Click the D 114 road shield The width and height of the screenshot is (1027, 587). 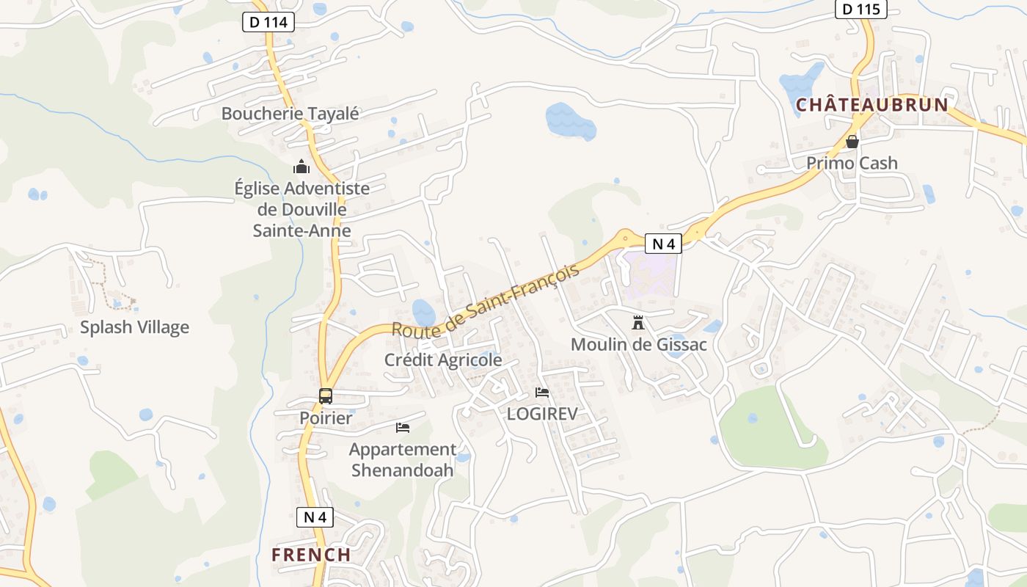tap(268, 22)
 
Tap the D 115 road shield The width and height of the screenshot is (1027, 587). tap(860, 10)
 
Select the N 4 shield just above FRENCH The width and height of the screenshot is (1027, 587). tap(315, 517)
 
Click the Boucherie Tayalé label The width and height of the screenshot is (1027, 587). tap(290, 114)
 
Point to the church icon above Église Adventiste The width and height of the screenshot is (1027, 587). tap(301, 167)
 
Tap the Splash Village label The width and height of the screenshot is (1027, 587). tap(134, 327)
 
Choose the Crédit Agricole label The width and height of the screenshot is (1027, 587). tap(443, 360)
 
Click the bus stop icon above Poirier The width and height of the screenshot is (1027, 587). tap(326, 396)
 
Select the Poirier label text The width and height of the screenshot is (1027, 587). tap(326, 418)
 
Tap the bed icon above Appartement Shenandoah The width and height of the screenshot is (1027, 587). tap(402, 427)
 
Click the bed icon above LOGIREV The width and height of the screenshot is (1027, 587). tap(542, 392)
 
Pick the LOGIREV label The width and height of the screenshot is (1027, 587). tap(542, 414)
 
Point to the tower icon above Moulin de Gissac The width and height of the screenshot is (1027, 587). tap(638, 322)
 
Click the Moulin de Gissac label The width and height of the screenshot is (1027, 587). tap(638, 344)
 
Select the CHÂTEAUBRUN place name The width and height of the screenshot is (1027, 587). tap(872, 105)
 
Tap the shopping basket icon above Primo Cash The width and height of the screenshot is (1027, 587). tap(852, 142)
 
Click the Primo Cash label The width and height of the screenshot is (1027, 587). tap(852, 163)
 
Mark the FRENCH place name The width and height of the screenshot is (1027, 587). tap(311, 555)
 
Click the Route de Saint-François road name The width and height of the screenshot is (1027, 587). tap(485, 301)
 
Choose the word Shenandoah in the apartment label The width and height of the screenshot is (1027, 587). tap(402, 470)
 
